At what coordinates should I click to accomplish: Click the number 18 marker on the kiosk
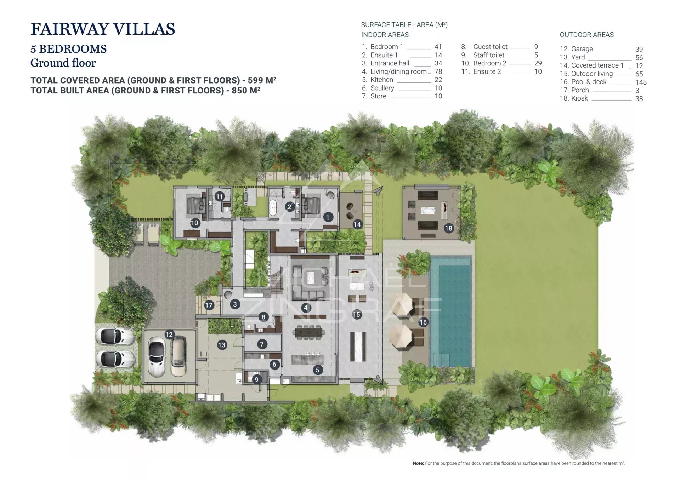(x=449, y=228)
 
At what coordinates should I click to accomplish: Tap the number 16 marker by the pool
(x=423, y=322)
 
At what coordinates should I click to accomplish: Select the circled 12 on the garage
(x=169, y=334)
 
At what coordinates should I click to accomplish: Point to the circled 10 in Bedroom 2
(x=195, y=223)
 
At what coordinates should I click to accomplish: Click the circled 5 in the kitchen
(x=318, y=370)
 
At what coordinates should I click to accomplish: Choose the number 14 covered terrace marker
(x=357, y=224)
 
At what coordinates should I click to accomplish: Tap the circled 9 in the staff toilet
(x=256, y=380)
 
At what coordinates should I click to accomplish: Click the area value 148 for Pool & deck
(x=641, y=82)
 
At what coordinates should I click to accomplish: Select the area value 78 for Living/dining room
(x=438, y=71)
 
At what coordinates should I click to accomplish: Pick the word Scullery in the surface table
(x=382, y=88)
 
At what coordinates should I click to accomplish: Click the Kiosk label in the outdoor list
(x=579, y=98)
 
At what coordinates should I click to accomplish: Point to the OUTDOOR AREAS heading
(x=586, y=35)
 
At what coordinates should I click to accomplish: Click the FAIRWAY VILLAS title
(x=103, y=29)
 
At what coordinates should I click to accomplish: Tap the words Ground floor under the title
(x=63, y=63)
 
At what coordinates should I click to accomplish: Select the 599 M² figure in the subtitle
(x=262, y=80)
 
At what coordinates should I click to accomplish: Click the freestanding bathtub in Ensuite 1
(x=272, y=208)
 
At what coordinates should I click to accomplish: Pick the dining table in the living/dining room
(x=309, y=333)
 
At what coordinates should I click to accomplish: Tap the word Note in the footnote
(x=418, y=463)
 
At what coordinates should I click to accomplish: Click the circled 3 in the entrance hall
(x=235, y=304)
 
